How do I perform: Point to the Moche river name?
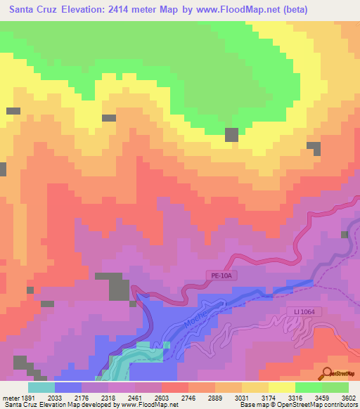tap(198, 316)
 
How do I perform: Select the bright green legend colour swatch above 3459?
tap(308, 387)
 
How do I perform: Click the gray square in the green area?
tap(231, 135)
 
